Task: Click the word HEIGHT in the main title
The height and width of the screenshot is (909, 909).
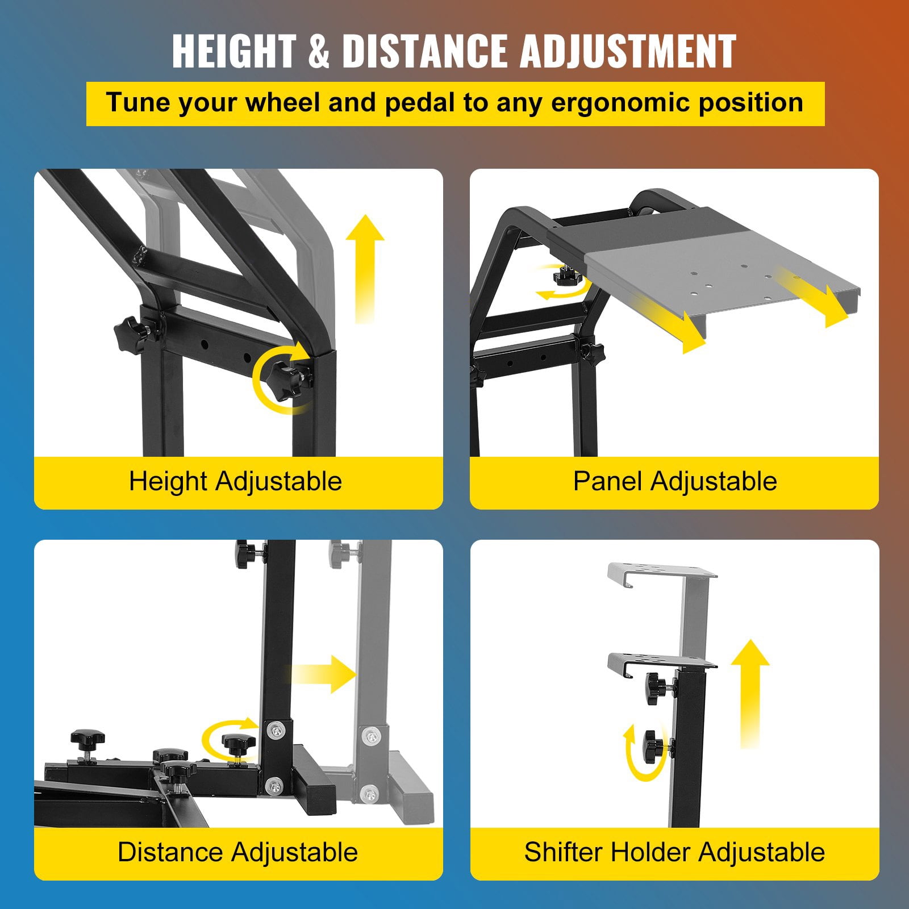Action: (234, 51)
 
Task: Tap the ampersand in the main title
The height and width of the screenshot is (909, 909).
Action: (319, 51)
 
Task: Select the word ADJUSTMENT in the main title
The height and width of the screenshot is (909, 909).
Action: (628, 51)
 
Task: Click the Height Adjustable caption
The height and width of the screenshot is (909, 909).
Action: (235, 482)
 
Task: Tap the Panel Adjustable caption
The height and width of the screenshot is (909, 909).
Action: (675, 481)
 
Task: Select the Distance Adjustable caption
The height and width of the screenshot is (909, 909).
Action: (237, 852)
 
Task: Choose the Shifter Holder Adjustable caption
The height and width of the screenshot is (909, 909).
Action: (674, 852)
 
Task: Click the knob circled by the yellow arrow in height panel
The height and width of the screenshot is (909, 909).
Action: (290, 377)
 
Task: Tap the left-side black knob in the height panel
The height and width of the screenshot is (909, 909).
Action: (133, 335)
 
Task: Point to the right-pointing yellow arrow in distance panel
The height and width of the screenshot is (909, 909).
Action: (322, 674)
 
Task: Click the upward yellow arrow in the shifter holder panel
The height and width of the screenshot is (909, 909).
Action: (750, 693)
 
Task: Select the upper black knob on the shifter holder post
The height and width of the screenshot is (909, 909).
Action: (659, 689)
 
